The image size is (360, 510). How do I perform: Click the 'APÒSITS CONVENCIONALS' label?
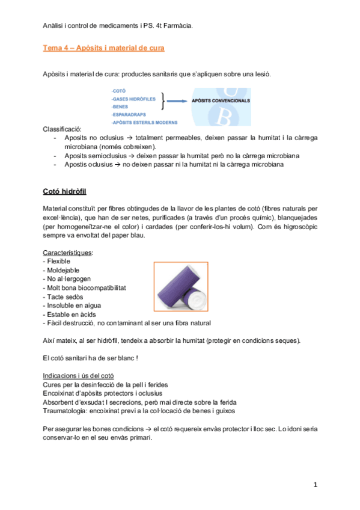tap(221, 102)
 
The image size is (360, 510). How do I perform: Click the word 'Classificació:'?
tap(63, 129)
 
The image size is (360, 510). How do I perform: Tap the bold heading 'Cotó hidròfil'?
tap(65, 191)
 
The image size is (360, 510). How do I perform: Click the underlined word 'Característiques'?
tap(68, 253)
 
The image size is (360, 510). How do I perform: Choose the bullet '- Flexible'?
tap(57, 262)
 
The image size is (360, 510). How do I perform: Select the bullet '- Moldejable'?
tap(61, 270)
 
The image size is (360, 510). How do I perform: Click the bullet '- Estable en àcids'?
tap(72, 314)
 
